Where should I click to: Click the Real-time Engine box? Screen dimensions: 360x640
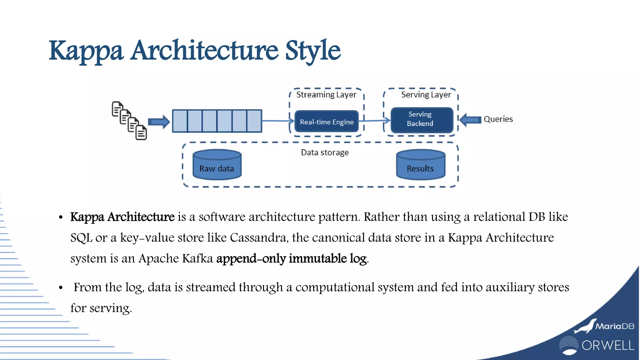[327, 122]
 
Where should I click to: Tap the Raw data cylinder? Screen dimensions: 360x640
[217, 165]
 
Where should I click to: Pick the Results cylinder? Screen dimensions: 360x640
[421, 165]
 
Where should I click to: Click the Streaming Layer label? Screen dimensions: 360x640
[326, 95]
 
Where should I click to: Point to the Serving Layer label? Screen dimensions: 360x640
[426, 95]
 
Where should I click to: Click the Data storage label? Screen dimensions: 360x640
[325, 152]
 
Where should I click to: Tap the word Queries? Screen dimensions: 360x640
[498, 119]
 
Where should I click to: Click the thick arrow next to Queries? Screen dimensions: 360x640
[471, 120]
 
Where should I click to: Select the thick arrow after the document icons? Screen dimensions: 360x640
[159, 122]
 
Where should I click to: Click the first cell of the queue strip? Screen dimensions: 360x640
[180, 121]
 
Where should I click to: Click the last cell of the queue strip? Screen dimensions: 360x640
[254, 121]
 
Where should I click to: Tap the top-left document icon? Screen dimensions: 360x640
[117, 109]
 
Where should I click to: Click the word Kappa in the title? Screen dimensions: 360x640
[86, 51]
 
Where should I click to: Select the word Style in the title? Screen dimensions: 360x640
[312, 51]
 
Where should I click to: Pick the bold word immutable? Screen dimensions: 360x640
[317, 258]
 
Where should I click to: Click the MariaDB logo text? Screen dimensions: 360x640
[615, 326]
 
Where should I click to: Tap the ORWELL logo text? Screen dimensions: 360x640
[608, 346]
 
